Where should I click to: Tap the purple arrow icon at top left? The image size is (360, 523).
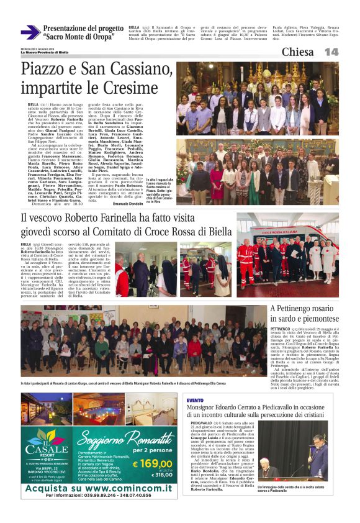pos(30,32)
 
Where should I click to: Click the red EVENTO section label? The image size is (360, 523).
pos(195,400)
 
